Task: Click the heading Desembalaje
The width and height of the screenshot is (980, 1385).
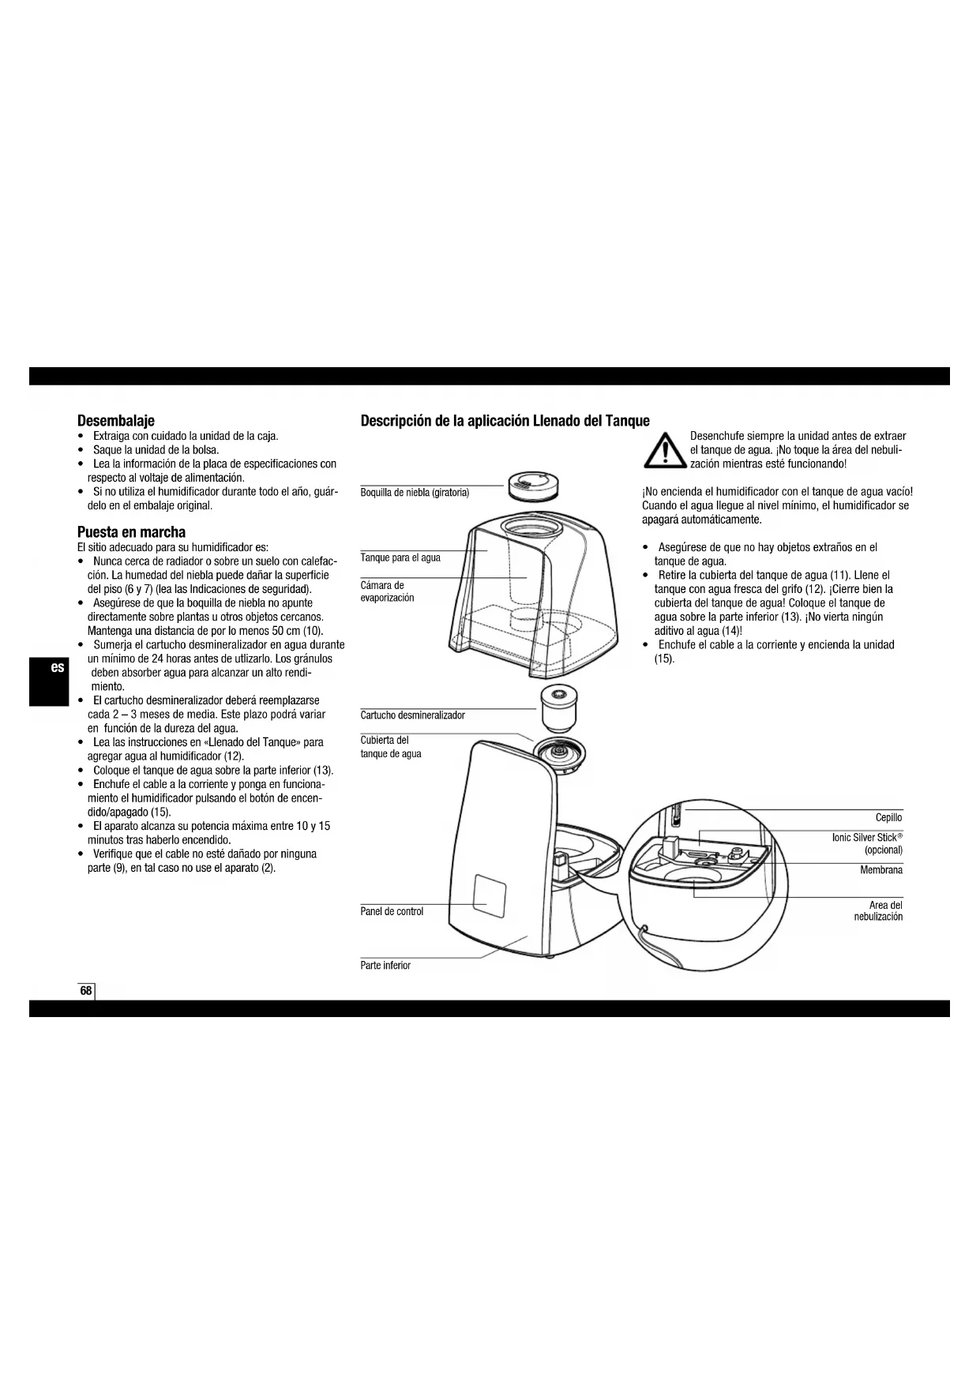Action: point(115,421)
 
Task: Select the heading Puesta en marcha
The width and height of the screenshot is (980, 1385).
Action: point(131,532)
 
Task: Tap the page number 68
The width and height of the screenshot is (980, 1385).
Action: point(86,991)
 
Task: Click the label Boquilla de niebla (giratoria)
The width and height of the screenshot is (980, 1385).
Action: point(415,493)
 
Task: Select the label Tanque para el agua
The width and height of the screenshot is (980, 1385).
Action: point(400,558)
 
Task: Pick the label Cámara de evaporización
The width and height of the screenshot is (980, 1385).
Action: point(387,591)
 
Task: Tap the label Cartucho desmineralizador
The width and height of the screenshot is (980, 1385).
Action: point(412,715)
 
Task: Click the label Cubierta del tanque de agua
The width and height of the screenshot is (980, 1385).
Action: point(390,747)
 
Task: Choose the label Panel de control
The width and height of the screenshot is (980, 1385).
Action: point(392,911)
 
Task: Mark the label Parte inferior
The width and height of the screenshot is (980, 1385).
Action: point(385,966)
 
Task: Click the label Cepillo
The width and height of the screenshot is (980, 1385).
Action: point(888,817)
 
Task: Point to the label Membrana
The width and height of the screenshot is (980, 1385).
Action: point(881,870)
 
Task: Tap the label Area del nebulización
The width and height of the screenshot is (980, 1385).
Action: point(878,911)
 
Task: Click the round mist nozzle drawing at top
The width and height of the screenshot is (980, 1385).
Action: point(533,485)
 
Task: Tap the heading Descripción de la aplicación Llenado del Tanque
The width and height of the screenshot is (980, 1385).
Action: point(505,421)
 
